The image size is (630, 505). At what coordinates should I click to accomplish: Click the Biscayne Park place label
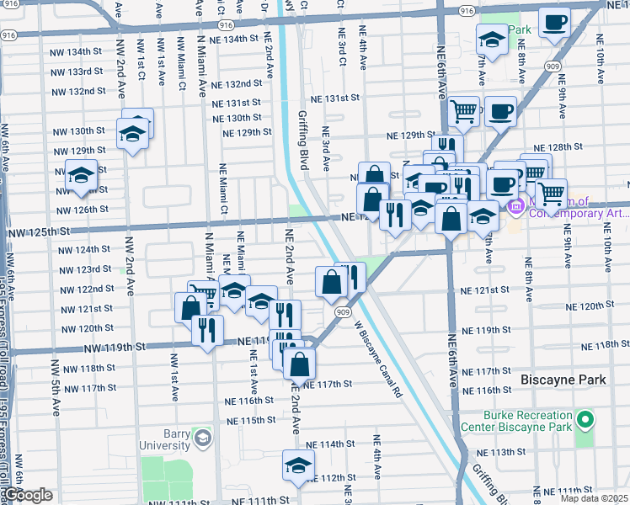coord(563,380)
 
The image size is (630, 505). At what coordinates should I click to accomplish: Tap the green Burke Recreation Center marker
coord(584,418)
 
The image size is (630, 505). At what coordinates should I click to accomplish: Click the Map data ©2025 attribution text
coord(595,498)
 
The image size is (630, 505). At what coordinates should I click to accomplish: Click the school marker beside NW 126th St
coord(82,177)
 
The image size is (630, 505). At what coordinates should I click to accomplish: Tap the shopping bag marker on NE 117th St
coord(299,364)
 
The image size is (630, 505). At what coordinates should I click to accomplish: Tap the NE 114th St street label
coord(330,444)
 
